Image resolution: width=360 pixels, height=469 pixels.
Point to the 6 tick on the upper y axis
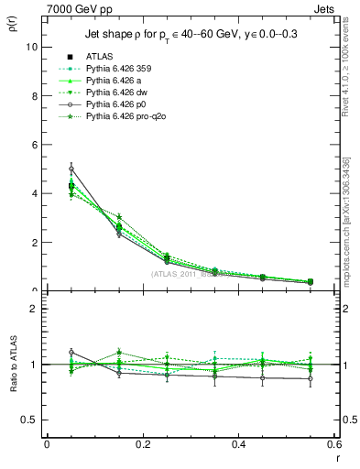[36, 145]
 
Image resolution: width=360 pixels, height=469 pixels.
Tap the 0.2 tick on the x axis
[142, 444]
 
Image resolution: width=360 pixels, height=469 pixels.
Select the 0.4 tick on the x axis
[239, 444]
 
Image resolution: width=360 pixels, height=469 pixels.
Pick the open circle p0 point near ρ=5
[71, 169]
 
